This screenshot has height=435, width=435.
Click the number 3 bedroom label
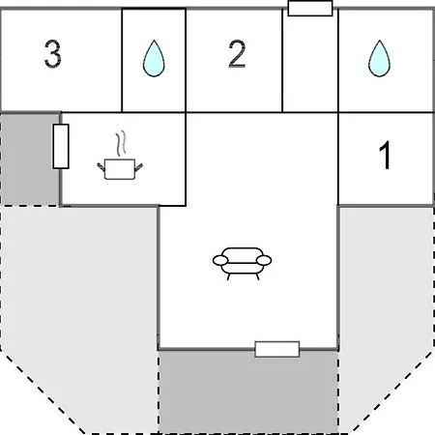(52, 54)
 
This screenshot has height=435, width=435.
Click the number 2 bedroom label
(237, 54)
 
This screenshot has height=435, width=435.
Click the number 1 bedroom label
(385, 155)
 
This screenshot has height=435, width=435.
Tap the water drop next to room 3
(154, 58)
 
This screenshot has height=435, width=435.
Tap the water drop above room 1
(379, 58)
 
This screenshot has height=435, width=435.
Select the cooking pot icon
(120, 169)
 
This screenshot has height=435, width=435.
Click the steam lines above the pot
(121, 143)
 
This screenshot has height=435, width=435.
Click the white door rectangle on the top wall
(310, 8)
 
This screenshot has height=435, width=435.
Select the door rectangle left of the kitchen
(61, 146)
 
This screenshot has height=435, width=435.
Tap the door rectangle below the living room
(277, 349)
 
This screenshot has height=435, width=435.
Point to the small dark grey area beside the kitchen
(30, 159)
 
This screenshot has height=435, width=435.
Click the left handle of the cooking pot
(101, 167)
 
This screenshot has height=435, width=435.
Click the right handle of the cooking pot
(138, 167)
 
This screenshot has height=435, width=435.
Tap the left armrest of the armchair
(220, 260)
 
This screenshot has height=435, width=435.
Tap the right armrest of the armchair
(264, 260)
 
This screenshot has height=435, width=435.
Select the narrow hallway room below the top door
(310, 64)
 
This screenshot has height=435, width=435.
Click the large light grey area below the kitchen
(79, 306)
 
